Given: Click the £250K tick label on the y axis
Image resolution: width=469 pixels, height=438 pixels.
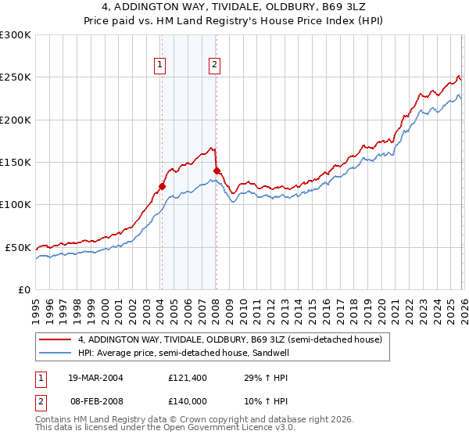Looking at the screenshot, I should click(16, 77).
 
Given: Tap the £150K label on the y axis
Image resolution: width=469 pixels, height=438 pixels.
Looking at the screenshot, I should click(16, 163).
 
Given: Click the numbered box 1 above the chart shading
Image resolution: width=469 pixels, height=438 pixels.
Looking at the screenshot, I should click(160, 66).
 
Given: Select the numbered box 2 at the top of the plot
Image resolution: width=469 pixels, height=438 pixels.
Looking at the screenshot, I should click(213, 66).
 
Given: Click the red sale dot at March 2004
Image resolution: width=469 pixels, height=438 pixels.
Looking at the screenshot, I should click(162, 186).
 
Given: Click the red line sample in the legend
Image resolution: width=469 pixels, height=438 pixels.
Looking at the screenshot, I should click(56, 340).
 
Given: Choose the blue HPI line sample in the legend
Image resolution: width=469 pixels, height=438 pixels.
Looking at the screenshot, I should click(56, 354).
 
